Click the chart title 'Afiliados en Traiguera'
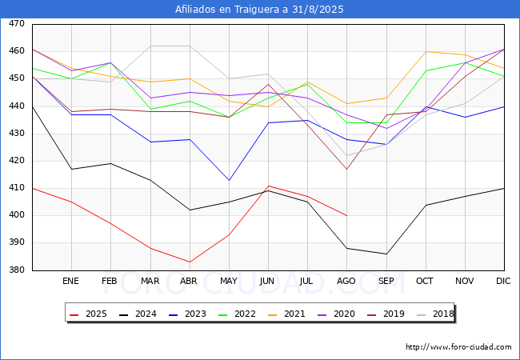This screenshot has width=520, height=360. click(x=259, y=10)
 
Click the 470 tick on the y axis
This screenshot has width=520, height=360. click(x=16, y=25)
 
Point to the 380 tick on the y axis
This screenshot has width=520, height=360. click(x=16, y=270)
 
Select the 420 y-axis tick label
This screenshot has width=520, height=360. click(x=16, y=161)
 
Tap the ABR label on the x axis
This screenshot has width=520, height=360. click(x=189, y=282)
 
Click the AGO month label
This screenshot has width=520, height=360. click(x=346, y=282)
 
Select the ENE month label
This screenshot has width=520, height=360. click(x=71, y=282)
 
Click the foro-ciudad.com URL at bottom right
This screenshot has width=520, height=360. click(x=458, y=347)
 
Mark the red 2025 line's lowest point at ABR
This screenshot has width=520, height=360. click(x=189, y=262)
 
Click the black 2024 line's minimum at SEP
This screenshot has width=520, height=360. click(x=386, y=254)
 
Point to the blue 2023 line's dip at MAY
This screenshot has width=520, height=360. click(x=229, y=180)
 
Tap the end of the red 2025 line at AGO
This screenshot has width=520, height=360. click(x=346, y=215)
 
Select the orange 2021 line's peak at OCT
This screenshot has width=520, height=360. click(x=426, y=51)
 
